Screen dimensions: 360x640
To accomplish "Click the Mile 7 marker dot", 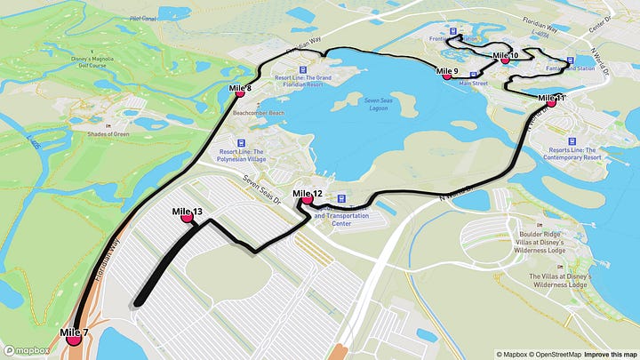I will (74, 340).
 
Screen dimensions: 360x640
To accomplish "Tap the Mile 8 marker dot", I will (240, 93).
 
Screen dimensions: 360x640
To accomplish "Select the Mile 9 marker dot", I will (447, 76).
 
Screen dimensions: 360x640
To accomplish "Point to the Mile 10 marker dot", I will (505, 60).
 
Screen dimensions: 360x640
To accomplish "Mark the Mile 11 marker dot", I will (551, 102).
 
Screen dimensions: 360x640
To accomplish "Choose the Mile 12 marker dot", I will (308, 200).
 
